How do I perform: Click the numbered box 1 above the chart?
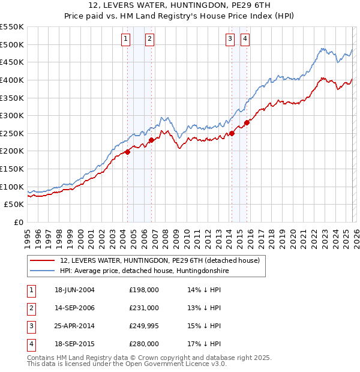tap(125, 40)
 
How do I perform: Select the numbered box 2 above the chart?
tap(149, 40)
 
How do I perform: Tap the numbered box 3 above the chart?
tap(230, 40)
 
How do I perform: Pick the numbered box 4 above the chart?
tap(245, 40)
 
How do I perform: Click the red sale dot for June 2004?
tap(127, 152)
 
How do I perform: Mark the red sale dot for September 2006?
tap(151, 140)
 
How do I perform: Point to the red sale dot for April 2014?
tap(232, 133)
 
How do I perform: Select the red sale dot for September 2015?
tap(247, 122)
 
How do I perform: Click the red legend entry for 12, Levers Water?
tap(159, 261)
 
